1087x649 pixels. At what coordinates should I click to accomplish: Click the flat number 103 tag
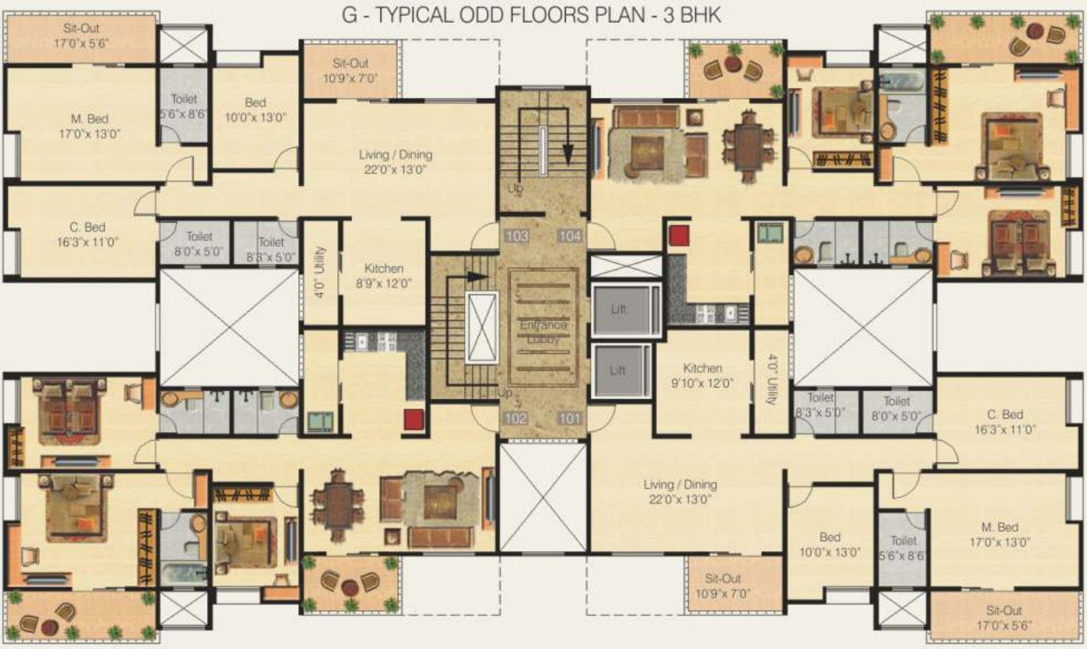pyautogui.click(x=517, y=236)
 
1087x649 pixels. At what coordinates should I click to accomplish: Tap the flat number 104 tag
pyautogui.click(x=570, y=236)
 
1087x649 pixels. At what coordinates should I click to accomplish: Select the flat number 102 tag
pyautogui.click(x=517, y=418)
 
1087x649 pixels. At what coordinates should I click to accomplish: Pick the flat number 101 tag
pyautogui.click(x=570, y=418)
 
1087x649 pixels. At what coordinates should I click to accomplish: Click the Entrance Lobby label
pyautogui.click(x=544, y=331)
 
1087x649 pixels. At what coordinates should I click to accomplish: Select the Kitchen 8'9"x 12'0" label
pyautogui.click(x=383, y=276)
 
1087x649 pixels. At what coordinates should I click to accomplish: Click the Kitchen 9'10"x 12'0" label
pyautogui.click(x=703, y=375)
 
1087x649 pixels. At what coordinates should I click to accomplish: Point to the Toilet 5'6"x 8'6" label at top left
pyautogui.click(x=183, y=106)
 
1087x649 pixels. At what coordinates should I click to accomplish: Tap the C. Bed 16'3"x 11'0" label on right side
pyautogui.click(x=1005, y=422)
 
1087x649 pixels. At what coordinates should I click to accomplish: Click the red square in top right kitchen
pyautogui.click(x=679, y=235)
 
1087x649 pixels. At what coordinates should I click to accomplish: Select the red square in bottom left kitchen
pyautogui.click(x=413, y=419)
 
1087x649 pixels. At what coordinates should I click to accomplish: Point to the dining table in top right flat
pyautogui.click(x=748, y=141)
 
